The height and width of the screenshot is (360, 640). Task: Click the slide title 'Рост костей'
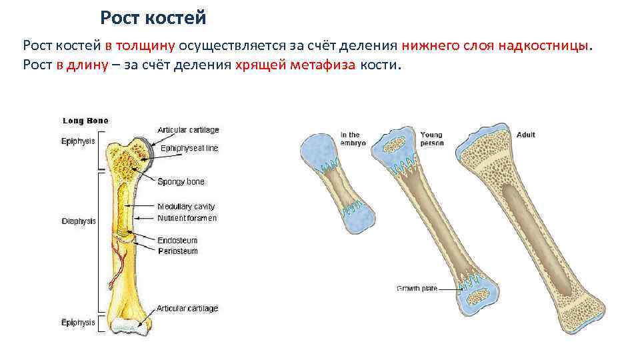[x=153, y=18]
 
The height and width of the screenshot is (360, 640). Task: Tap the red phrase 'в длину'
[x=86, y=66]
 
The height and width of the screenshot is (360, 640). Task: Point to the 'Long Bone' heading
[x=85, y=121]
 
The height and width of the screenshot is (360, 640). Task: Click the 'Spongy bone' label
[x=181, y=181]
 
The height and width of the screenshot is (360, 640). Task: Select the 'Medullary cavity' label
[x=186, y=207]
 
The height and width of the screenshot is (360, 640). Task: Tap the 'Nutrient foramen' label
[x=187, y=218]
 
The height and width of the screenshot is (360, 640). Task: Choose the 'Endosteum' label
[x=177, y=240]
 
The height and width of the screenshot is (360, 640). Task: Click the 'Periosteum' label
[x=178, y=251]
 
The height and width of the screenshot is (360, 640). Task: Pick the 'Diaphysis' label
[x=79, y=221]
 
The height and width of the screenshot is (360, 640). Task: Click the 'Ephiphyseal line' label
[x=188, y=148]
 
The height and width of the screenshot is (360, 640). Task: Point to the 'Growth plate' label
[x=417, y=288]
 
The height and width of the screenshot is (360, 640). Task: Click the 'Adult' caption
[x=525, y=135]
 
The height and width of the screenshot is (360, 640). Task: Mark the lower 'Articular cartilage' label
[x=187, y=309]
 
